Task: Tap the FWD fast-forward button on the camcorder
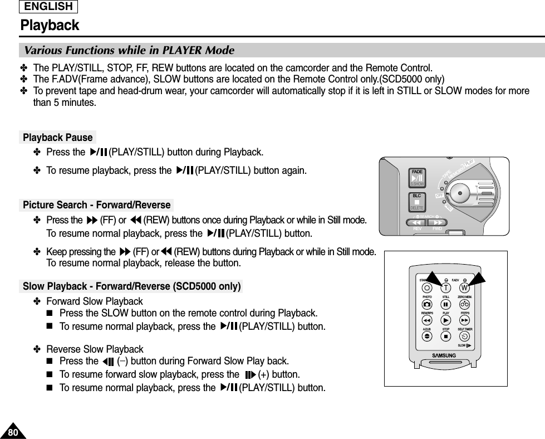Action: point(438,223)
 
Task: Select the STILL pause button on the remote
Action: point(446,305)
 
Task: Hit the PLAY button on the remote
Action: point(446,321)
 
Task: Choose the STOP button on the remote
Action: point(446,337)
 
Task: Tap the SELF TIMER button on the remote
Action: point(465,337)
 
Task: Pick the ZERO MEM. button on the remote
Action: point(465,305)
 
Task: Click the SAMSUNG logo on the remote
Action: point(445,355)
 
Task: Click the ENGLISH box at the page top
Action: point(49,7)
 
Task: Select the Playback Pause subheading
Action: point(58,137)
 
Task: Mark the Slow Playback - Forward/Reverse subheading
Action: point(131,287)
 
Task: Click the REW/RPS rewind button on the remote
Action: point(426,321)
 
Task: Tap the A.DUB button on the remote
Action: point(426,337)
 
